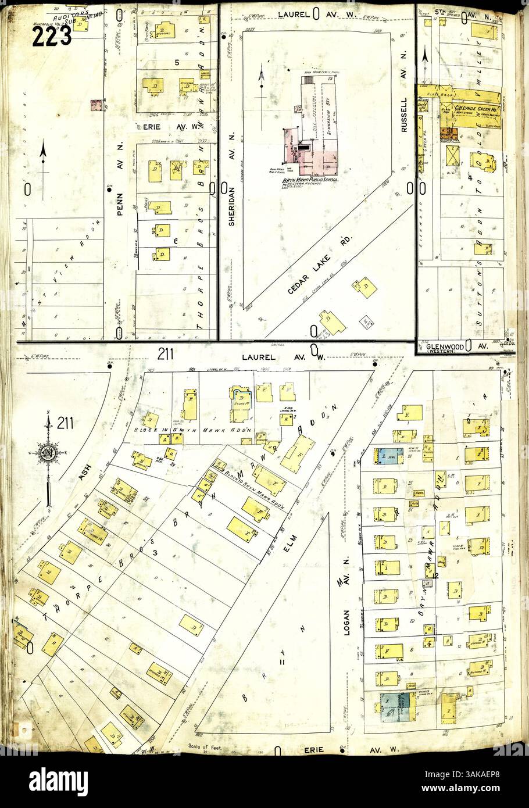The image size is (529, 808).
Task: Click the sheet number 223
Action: point(52,36)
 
